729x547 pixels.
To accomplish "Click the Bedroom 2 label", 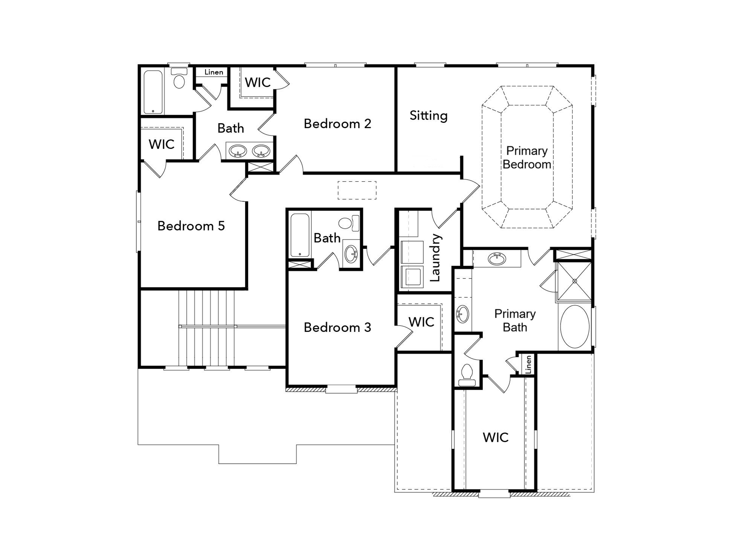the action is point(337,124).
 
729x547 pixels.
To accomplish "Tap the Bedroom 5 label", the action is point(191,226).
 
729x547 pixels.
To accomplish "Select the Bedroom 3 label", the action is point(337,327).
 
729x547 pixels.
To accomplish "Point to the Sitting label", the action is point(429,116).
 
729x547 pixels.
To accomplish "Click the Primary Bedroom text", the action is point(527,157).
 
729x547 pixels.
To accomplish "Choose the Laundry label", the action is point(435,257).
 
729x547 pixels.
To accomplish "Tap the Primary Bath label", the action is point(515,321).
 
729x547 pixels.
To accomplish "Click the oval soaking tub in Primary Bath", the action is point(575,326).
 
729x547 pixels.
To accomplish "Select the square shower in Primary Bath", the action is point(574,281).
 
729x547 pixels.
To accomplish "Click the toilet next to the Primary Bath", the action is point(467,375).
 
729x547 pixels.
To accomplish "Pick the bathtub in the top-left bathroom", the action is point(153,92).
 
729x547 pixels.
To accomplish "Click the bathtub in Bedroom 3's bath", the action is point(300,235).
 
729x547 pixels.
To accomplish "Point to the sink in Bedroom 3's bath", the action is point(351,254).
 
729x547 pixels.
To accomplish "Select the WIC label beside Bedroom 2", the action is point(258,83).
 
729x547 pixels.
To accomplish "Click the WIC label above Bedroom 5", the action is point(162,144).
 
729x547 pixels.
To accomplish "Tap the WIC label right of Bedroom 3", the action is point(421,322).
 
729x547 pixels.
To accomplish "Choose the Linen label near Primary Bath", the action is point(529,364).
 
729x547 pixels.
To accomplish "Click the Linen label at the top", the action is point(214,72).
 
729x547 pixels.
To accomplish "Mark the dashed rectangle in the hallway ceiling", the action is point(357,190).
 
